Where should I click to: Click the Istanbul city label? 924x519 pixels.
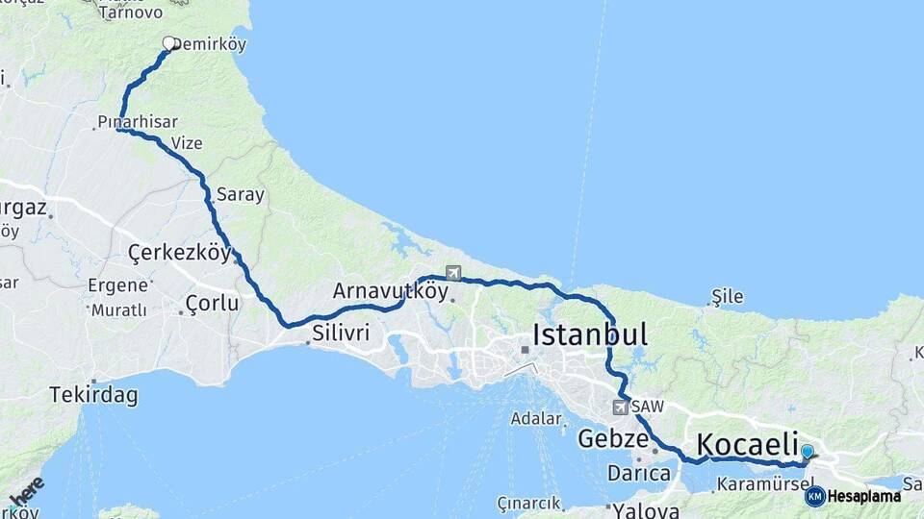(589, 335)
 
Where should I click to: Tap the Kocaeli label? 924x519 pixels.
(747, 445)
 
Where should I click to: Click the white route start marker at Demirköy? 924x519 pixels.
(169, 43)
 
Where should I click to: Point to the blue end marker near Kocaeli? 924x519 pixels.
(807, 451)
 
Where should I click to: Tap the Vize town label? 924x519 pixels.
(187, 143)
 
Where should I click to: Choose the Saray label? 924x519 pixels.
(240, 194)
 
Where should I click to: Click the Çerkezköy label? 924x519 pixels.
(179, 253)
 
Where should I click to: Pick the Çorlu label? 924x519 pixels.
(211, 304)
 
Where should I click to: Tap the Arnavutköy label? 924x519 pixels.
(390, 291)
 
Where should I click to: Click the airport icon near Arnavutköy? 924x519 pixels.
(453, 273)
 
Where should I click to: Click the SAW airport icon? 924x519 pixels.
(620, 408)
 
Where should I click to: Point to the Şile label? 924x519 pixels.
(728, 296)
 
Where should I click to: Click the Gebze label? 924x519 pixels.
(613, 439)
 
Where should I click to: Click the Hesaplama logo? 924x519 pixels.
(854, 497)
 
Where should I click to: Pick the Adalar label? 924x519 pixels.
(536, 418)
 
